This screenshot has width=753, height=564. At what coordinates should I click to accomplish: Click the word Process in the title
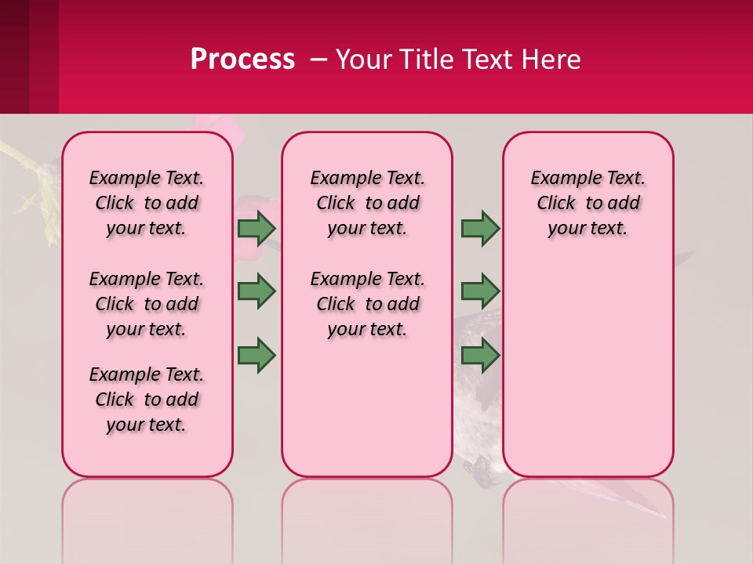[242, 60]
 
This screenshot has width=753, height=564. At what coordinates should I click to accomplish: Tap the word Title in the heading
[430, 60]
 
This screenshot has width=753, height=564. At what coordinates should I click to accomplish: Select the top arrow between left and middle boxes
[256, 228]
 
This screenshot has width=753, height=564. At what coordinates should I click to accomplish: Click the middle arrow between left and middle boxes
[256, 291]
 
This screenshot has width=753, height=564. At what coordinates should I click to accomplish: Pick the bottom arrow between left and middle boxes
[256, 355]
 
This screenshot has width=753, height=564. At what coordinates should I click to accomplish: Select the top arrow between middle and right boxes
[480, 228]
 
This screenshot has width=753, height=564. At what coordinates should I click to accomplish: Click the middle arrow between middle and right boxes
[480, 291]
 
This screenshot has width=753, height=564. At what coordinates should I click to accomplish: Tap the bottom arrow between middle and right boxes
[480, 355]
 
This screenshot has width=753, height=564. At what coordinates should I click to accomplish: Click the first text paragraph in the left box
[147, 203]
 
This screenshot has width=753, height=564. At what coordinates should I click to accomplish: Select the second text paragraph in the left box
[147, 304]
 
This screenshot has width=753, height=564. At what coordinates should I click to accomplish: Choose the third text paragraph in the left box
[147, 399]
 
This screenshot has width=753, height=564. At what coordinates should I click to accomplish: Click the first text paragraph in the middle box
[367, 203]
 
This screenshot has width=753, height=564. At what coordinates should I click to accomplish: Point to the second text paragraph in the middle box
[367, 304]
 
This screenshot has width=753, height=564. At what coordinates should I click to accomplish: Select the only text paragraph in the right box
[587, 203]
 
